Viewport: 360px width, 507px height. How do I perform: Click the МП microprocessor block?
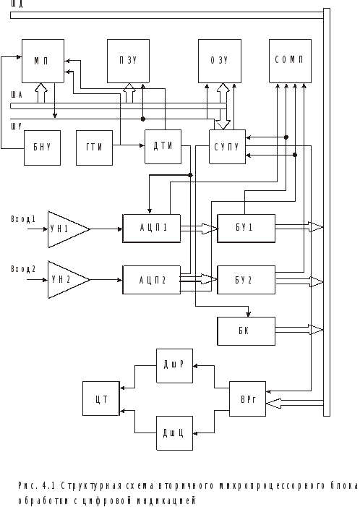click(43, 61)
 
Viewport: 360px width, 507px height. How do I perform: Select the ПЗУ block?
click(128, 61)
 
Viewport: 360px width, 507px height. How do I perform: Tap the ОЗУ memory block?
click(220, 61)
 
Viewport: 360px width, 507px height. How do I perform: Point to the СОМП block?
click(290, 61)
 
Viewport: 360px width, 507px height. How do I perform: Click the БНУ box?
click(43, 148)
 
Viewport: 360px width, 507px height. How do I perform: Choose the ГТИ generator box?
click(95, 148)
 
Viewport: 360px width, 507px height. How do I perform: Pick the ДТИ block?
click(163, 147)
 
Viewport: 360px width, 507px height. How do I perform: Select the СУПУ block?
click(227, 147)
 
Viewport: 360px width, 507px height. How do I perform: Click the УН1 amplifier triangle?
click(67, 229)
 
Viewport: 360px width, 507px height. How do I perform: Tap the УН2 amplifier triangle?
click(67, 280)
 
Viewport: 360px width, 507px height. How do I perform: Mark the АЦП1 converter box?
click(152, 229)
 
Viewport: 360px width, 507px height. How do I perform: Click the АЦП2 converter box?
click(152, 280)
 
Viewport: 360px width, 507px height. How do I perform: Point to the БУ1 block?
click(247, 229)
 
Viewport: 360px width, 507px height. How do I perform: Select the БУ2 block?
click(247, 280)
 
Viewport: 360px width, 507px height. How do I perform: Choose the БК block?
click(247, 331)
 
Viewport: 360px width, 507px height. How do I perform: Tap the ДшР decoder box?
click(174, 366)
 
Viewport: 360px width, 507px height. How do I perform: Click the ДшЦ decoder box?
click(174, 433)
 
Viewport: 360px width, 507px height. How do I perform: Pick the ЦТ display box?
click(101, 399)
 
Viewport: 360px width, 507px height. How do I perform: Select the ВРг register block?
click(247, 399)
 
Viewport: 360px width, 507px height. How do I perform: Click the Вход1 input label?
click(23, 219)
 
